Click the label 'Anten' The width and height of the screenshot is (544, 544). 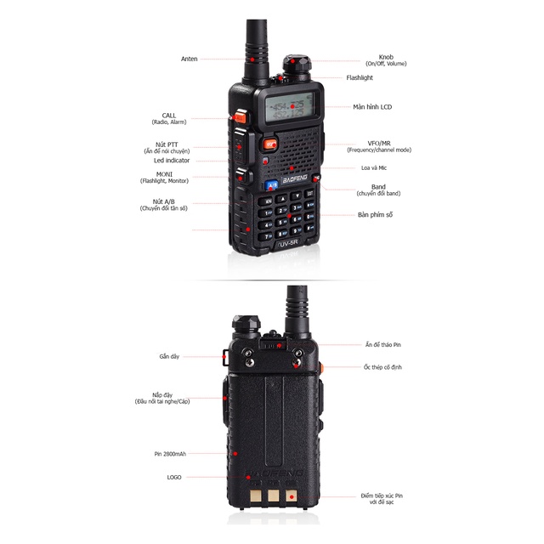189,59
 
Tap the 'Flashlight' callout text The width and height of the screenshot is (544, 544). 359,77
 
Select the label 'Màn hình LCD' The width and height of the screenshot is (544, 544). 372,107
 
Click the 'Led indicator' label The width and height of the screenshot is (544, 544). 172,160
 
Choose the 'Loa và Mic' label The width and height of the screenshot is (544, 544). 372,167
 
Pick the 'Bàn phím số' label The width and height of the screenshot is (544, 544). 375,215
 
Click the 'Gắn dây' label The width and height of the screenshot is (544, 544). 169,356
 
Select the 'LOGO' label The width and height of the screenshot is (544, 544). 174,477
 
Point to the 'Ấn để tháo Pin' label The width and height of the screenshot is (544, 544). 381,345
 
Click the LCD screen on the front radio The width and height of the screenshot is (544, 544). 289,108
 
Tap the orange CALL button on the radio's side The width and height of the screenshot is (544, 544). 240,116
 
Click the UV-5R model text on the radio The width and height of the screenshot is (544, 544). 291,245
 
